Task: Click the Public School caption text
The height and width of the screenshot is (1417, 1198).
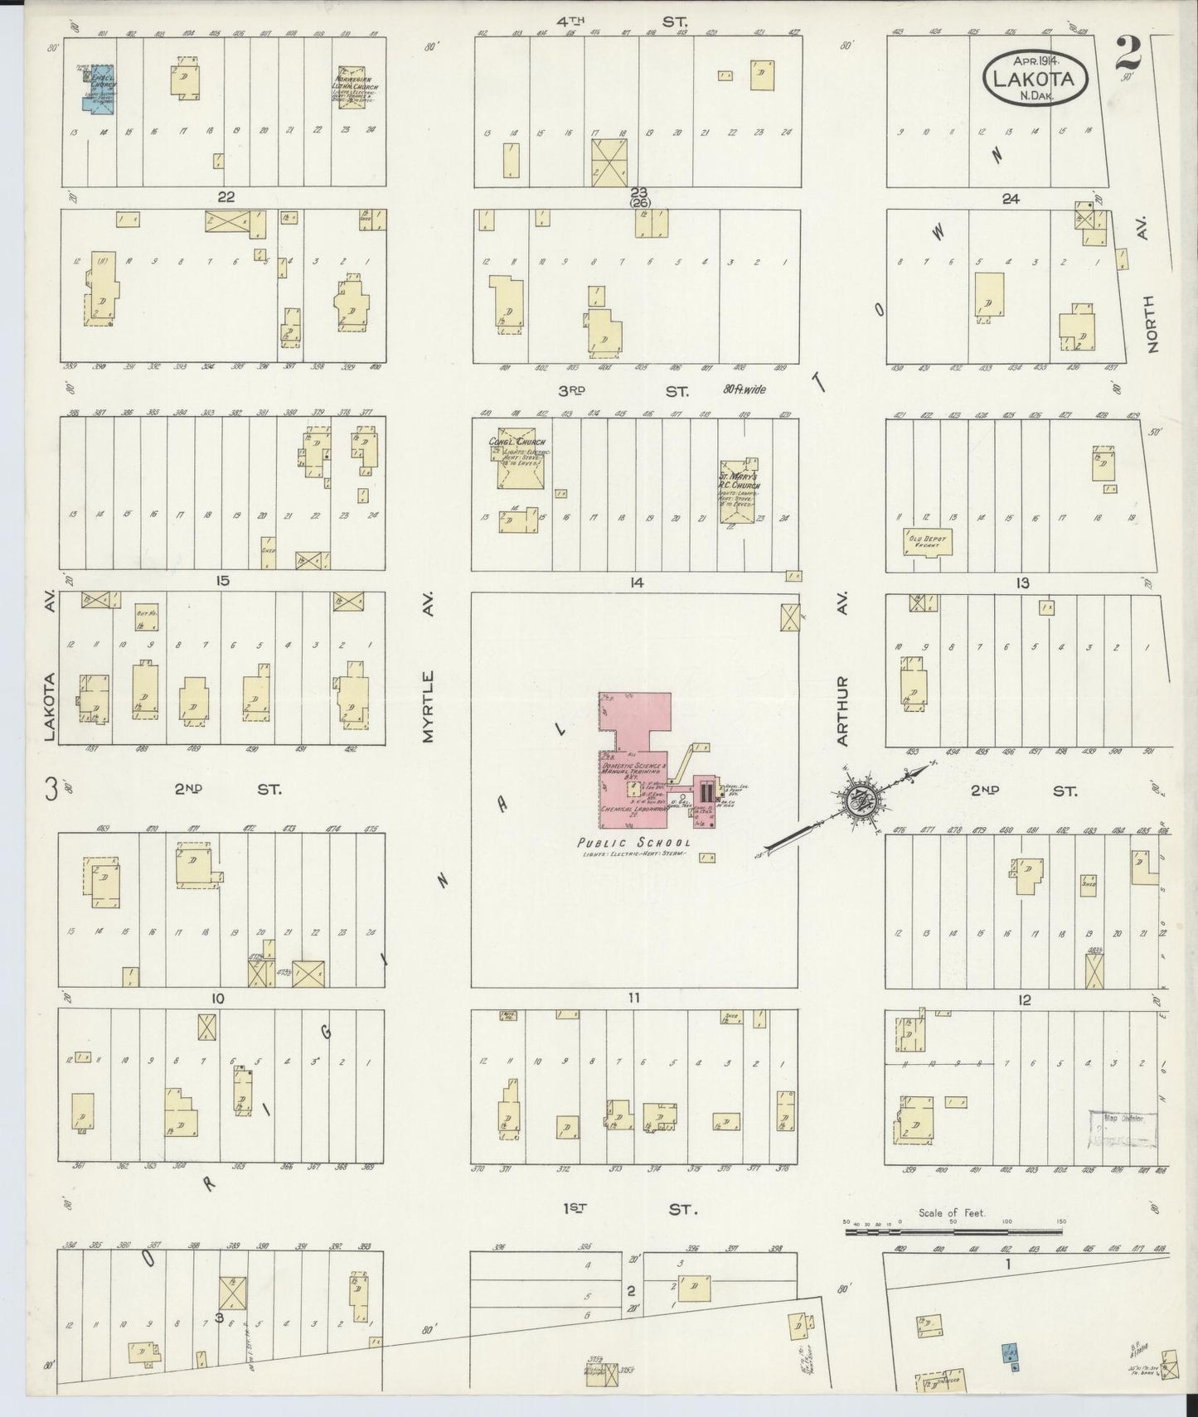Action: pyautogui.click(x=635, y=844)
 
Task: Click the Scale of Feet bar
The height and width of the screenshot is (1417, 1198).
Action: pyautogui.click(x=953, y=1232)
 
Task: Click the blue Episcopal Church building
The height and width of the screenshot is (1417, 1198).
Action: pyautogui.click(x=98, y=90)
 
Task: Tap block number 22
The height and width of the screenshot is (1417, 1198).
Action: pyautogui.click(x=226, y=197)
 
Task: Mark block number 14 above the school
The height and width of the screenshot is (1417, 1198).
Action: pyautogui.click(x=636, y=583)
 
